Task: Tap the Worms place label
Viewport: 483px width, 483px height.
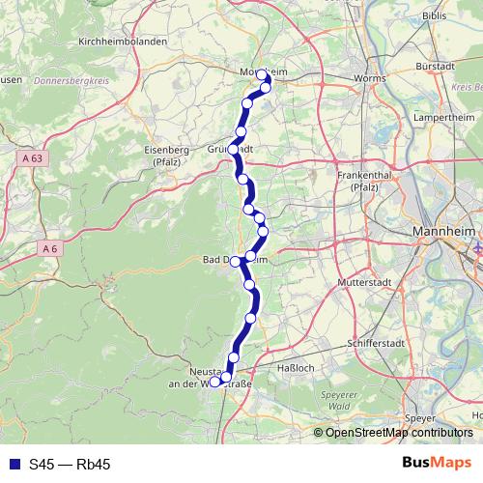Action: click(x=370, y=78)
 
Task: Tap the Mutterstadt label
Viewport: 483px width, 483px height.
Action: click(x=362, y=282)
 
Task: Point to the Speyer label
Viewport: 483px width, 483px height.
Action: click(x=420, y=417)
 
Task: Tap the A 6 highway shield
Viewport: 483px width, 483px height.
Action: click(x=50, y=248)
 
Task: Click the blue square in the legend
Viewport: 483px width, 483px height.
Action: click(x=14, y=465)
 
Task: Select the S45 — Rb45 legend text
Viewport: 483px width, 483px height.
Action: click(x=70, y=465)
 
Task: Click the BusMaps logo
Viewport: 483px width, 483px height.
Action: click(x=438, y=464)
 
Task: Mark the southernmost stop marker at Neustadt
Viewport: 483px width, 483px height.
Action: click(x=214, y=383)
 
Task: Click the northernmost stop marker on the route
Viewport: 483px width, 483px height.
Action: click(x=262, y=74)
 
